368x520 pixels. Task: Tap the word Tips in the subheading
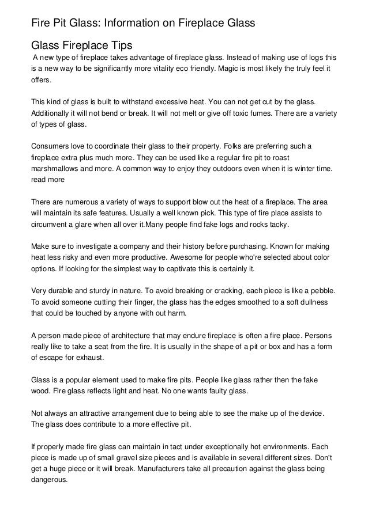[x=122, y=45]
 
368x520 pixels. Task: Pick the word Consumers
[x=51, y=146]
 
